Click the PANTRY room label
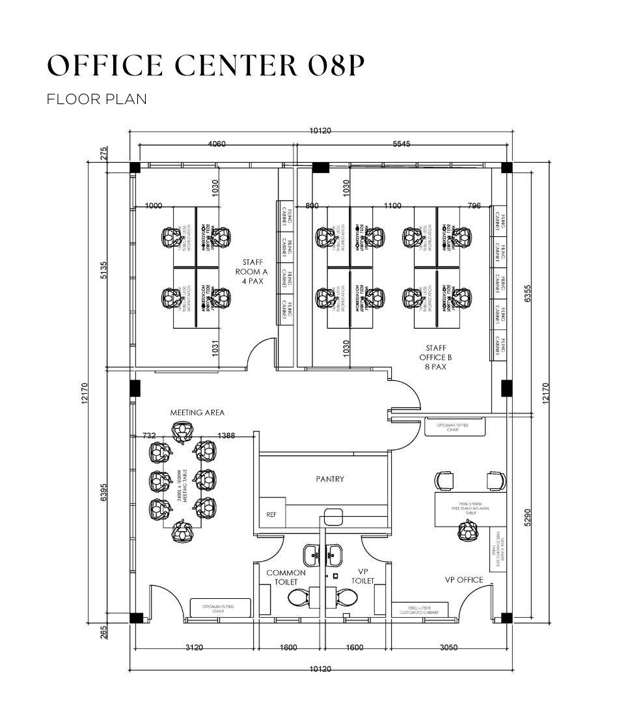tap(330, 479)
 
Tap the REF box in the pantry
tap(271, 514)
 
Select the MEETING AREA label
tap(197, 413)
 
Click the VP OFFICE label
tap(464, 580)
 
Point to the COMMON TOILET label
tap(282, 577)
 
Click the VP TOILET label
tap(363, 576)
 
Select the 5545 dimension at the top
tap(402, 144)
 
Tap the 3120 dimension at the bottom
tap(195, 648)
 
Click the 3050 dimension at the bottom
tap(449, 648)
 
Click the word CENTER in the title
tap(219, 66)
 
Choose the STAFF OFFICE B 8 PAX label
tap(436, 357)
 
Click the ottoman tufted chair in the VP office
tap(456, 428)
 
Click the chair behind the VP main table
tap(467, 532)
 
